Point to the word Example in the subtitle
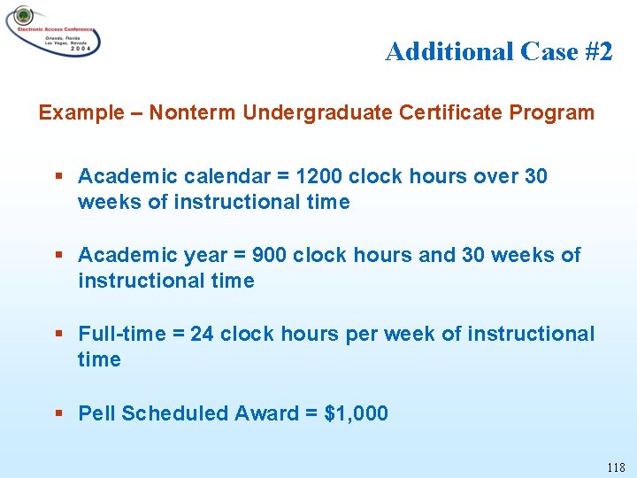[x=81, y=113]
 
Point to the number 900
[x=269, y=256]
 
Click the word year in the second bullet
[x=206, y=256]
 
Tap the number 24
[x=202, y=335]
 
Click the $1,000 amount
[x=357, y=413]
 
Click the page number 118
[x=616, y=467]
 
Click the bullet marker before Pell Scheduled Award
[x=58, y=413]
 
